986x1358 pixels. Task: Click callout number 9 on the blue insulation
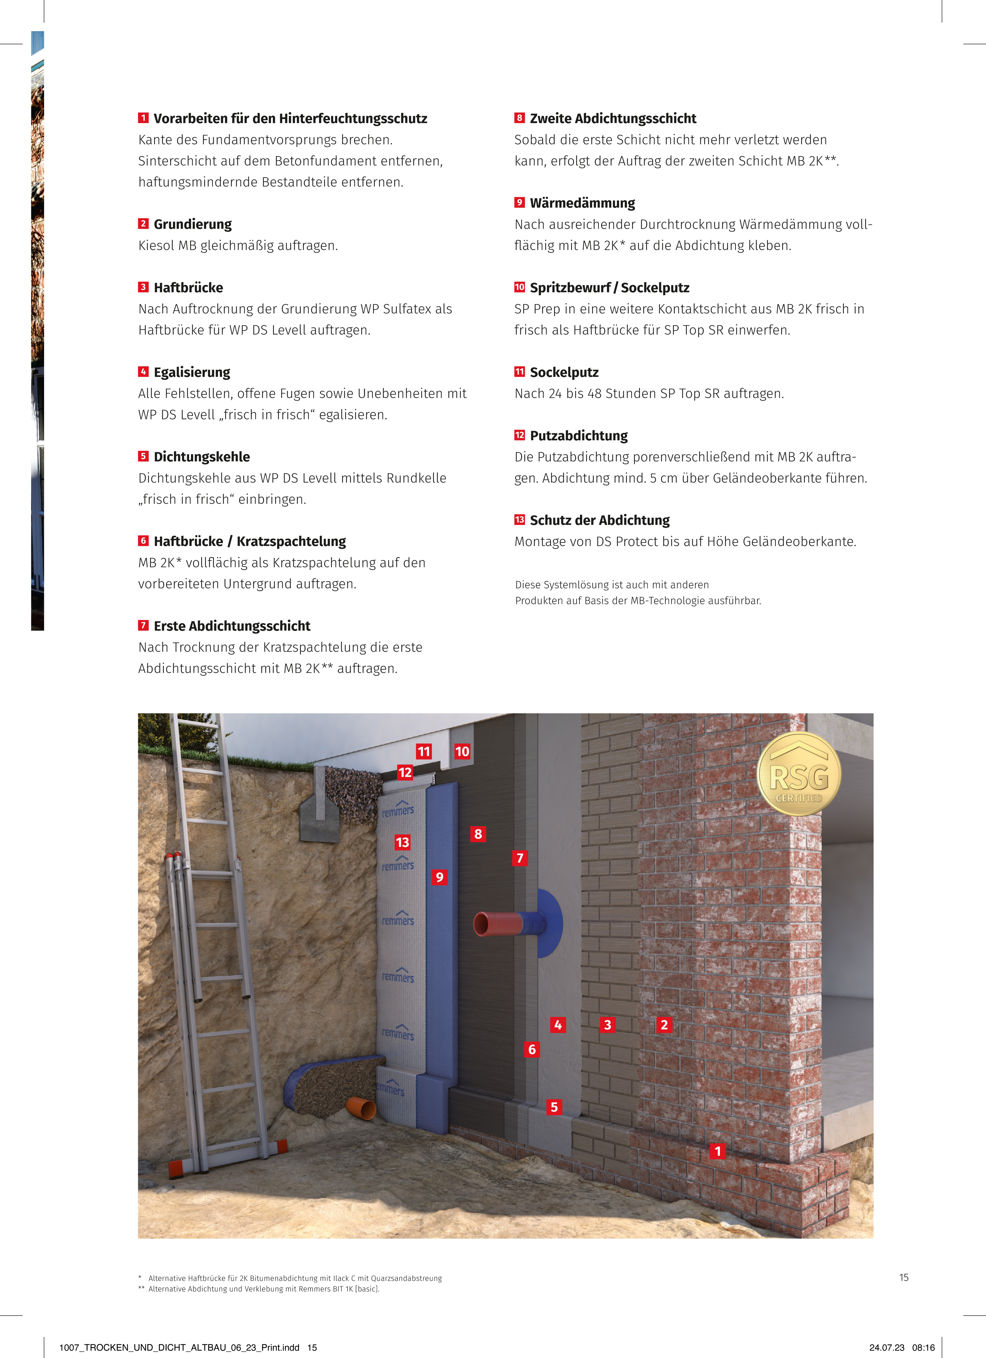(439, 877)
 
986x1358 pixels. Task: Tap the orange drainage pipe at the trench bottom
(361, 1108)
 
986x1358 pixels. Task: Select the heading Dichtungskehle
(202, 457)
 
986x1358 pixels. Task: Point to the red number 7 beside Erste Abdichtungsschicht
(143, 625)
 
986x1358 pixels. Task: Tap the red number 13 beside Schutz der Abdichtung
(519, 520)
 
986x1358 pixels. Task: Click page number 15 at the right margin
(903, 1277)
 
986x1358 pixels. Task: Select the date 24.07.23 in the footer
(887, 1347)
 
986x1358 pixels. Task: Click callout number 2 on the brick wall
(664, 1024)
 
